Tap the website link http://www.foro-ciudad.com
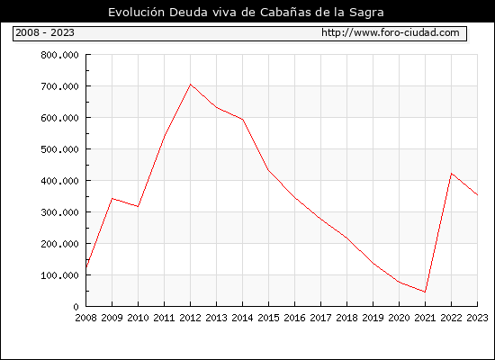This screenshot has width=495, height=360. [391, 32]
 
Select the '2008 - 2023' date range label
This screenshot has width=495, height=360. [45, 32]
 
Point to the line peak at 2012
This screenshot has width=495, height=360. [191, 85]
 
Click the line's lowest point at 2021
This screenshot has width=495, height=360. [425, 292]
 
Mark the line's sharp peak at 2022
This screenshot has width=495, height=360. [452, 174]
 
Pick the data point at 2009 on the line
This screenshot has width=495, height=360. [112, 199]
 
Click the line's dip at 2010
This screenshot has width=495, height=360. [139, 206]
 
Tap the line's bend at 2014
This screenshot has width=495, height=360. [242, 120]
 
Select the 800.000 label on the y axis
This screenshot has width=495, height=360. [59, 55]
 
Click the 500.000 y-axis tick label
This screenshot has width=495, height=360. [59, 149]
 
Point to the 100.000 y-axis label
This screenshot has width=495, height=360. [59, 275]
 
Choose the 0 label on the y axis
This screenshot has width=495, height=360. [76, 307]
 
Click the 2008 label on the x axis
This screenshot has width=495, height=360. [85, 318]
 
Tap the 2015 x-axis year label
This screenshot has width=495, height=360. [269, 318]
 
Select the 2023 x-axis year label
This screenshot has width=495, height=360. [477, 318]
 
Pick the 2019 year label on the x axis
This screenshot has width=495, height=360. [373, 318]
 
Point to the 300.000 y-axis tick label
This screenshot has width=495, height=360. [59, 212]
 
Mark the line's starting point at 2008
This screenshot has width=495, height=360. [86, 267]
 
